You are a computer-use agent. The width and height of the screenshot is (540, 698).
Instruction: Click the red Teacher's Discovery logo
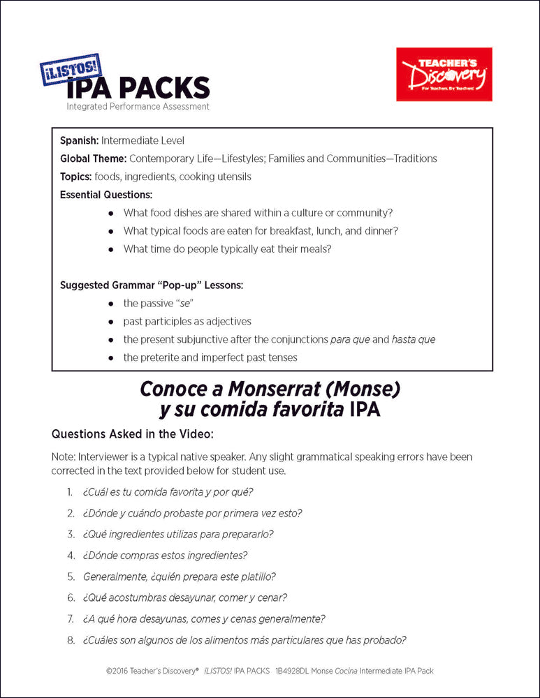(x=444, y=74)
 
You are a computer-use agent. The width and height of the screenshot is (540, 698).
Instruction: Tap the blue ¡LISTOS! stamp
(x=71, y=70)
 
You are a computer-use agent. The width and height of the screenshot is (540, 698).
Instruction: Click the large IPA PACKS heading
(x=138, y=89)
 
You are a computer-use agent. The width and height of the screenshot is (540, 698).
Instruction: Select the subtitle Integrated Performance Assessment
(x=138, y=107)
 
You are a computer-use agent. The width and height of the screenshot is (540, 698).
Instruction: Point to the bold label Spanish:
(x=78, y=140)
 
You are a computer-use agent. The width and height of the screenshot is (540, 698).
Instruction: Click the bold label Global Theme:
(x=93, y=158)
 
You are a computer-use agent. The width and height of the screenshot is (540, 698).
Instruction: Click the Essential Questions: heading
(x=106, y=195)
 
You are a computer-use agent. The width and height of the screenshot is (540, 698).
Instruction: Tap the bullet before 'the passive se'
(x=110, y=304)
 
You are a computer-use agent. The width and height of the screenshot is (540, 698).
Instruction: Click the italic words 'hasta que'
(x=413, y=340)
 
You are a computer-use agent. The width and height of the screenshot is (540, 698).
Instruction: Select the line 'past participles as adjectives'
(x=187, y=322)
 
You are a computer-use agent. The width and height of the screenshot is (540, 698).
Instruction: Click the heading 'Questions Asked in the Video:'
(x=132, y=433)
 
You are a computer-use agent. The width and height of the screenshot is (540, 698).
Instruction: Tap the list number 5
(x=71, y=577)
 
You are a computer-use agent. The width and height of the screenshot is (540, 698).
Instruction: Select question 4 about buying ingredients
(x=165, y=556)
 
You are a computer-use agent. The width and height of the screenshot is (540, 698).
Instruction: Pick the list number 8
(x=71, y=639)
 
